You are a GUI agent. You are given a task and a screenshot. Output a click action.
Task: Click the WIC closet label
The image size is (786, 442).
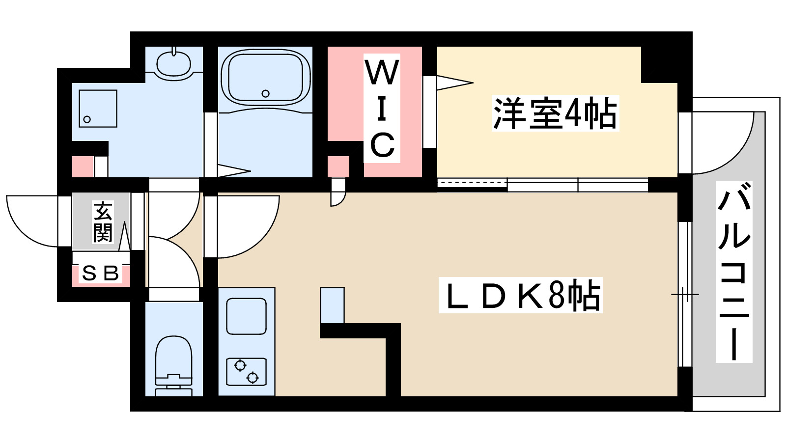coord(382,109)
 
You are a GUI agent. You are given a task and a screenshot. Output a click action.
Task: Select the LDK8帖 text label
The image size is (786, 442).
coord(521,296)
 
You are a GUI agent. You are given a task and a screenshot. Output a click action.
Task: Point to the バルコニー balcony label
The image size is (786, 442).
coord(734,272)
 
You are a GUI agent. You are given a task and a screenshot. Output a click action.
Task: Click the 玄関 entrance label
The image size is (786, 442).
coord(103,222)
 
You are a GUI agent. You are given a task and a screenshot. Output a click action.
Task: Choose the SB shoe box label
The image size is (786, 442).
coord(101,273)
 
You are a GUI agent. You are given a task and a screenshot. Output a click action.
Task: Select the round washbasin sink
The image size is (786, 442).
coord(173,63)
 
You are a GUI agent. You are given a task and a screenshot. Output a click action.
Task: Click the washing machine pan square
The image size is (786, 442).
coord(98,109)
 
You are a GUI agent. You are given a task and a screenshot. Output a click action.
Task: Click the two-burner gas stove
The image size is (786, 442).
coord(246,372)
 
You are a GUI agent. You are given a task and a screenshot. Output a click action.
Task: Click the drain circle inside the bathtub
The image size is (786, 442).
coord(266,93)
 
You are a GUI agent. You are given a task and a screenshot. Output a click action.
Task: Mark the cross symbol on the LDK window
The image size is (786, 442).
coord(685,295)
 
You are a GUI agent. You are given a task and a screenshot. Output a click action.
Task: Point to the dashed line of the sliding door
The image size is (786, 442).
coord(472,183)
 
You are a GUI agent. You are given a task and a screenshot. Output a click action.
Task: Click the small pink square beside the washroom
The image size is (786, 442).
coord(83,166)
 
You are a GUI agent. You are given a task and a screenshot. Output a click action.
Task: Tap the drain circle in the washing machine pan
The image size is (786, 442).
coord(87,119)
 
